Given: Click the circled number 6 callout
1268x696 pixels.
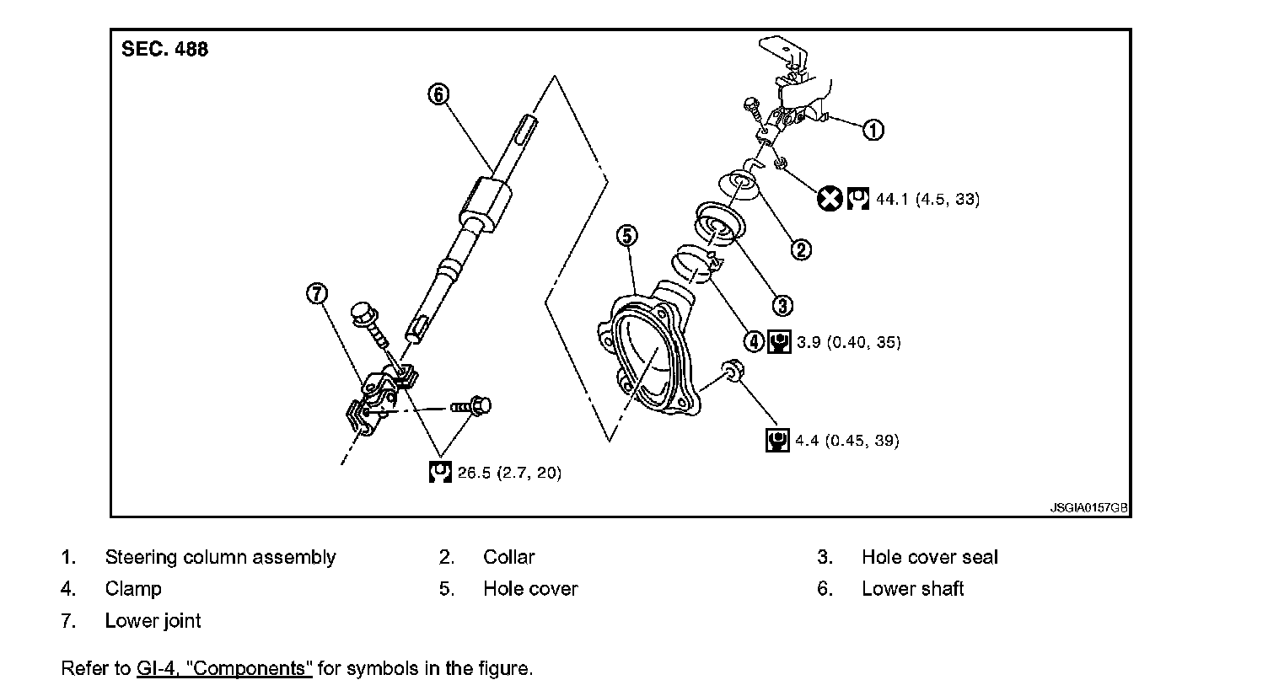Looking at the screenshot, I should click(x=438, y=94).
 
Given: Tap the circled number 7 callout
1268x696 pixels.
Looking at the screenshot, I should click(x=317, y=293).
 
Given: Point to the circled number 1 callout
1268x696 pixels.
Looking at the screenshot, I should click(x=873, y=130).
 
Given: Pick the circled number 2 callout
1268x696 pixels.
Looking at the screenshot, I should click(x=800, y=249).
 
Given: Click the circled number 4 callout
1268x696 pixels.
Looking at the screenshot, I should click(x=753, y=341).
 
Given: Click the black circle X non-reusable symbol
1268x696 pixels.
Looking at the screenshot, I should click(x=830, y=199).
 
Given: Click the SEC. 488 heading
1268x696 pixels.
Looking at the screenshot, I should click(x=164, y=49).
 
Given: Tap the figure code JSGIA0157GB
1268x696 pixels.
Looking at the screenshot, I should click(x=1088, y=509).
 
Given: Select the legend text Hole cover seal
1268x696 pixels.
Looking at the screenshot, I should click(x=929, y=557).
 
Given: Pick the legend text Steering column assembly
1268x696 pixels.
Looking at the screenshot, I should click(x=220, y=557).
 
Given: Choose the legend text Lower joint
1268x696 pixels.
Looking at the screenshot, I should click(x=153, y=621).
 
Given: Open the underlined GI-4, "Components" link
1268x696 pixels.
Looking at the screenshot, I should click(x=224, y=668).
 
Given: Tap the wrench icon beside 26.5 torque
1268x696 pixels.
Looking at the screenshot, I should click(x=440, y=472).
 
